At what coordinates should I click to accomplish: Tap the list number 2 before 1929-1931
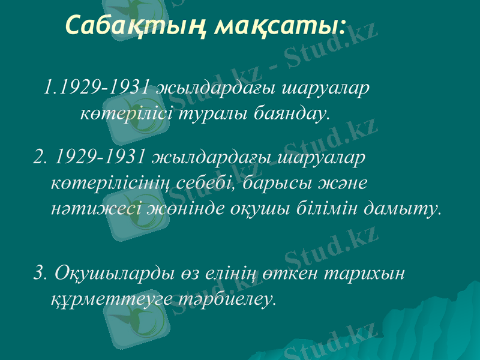click(x=40, y=157)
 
